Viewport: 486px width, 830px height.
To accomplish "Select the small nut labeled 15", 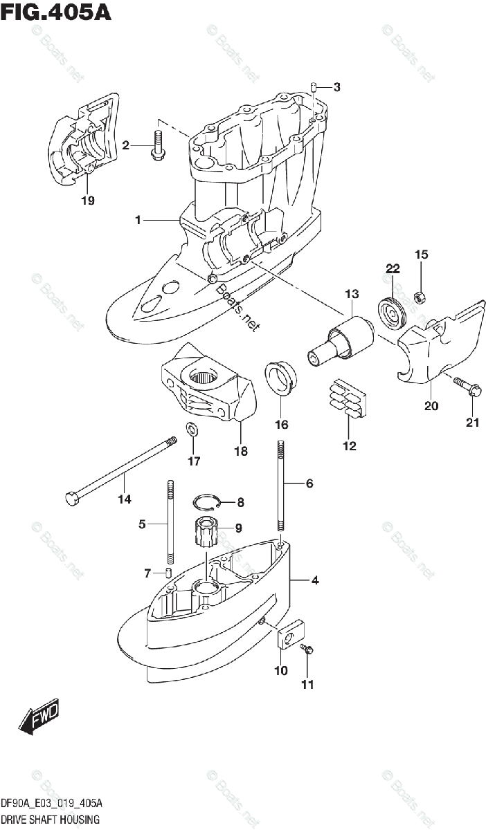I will point(419,298).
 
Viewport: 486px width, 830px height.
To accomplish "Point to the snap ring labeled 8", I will point(207,502).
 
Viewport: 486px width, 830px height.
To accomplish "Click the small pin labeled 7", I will point(167,572).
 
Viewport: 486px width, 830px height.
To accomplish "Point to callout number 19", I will point(87,201).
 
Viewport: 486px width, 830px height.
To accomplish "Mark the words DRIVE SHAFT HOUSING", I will point(50,820).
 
